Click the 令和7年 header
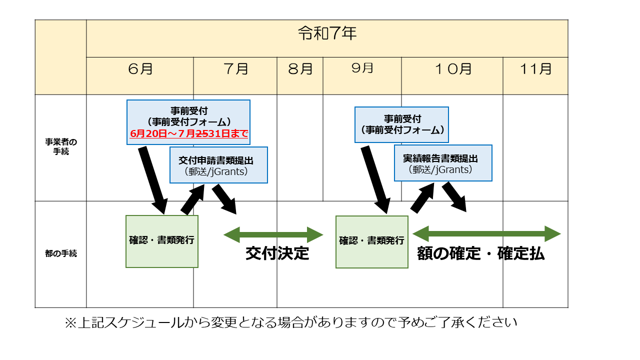point(327,34)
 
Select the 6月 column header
point(140,69)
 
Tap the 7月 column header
point(235,69)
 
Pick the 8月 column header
point(300,69)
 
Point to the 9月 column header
point(362,68)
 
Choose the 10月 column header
point(452,69)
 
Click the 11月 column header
point(535,69)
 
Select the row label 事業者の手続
point(60,146)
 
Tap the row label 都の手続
point(60,253)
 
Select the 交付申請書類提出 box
point(218,164)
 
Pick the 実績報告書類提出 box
point(443,163)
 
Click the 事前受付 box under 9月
point(402,124)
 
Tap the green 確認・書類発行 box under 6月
point(161,241)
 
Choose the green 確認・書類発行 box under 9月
point(371,241)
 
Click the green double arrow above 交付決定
point(273,234)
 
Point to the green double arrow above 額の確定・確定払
point(486,233)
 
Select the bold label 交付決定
point(277,253)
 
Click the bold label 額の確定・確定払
point(480,254)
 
